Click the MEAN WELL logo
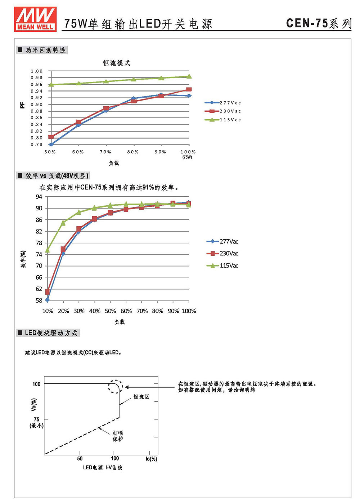(x=35, y=19)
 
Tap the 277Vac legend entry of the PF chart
(x=222, y=103)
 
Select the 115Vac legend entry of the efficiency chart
(x=222, y=266)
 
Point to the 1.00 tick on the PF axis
(x=37, y=71)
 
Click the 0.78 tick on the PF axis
(x=37, y=144)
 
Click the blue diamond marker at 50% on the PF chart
(x=51, y=144)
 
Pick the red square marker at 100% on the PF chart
(x=189, y=89)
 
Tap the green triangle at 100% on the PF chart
(x=189, y=76)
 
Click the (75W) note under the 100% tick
(x=187, y=157)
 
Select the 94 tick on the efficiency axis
(x=39, y=197)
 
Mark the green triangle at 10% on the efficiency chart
(x=47, y=250)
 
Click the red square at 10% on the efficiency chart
(x=47, y=292)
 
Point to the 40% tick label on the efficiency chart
(x=95, y=311)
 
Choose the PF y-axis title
(x=22, y=105)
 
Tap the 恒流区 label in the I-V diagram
(x=141, y=397)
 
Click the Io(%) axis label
(x=151, y=459)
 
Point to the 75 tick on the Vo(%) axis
(x=36, y=419)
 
